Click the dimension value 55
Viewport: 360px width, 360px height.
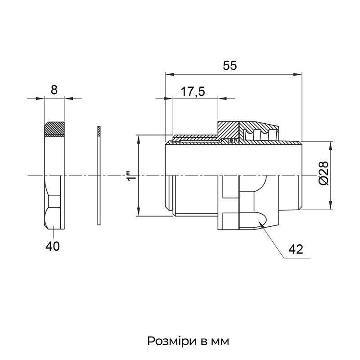[229, 66]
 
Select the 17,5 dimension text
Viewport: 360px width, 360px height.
[193, 92]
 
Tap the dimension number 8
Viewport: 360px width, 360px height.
[54, 90]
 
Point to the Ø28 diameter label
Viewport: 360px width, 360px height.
[324, 173]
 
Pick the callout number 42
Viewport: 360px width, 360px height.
[296, 249]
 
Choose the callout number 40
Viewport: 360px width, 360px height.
[53, 246]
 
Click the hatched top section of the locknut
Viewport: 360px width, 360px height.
[54, 129]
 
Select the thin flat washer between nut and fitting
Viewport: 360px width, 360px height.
[99, 175]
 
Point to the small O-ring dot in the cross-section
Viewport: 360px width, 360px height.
[231, 140]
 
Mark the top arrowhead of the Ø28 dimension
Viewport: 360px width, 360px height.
[330, 146]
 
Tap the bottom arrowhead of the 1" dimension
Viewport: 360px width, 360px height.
[139, 211]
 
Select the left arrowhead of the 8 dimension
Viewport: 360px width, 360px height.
[40, 99]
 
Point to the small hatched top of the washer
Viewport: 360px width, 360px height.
[99, 131]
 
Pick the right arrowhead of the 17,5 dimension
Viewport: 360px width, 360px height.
[222, 99]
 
